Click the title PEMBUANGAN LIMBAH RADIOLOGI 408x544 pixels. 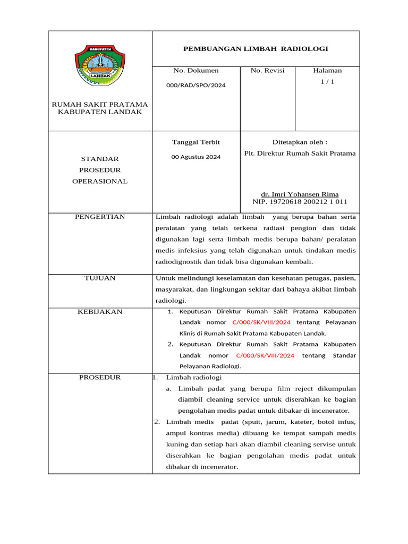(x=256, y=49)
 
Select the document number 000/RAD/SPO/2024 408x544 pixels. (x=196, y=86)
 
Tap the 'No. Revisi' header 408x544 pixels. (x=267, y=71)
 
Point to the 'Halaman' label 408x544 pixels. (x=327, y=71)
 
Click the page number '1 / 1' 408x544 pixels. (x=327, y=82)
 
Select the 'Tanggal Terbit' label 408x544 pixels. (x=196, y=142)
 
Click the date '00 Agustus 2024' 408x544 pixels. (x=196, y=157)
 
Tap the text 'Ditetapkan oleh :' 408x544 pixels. (x=300, y=142)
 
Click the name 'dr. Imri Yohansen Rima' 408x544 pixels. (x=300, y=194)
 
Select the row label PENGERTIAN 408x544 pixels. (x=100, y=217)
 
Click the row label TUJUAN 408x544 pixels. (x=100, y=278)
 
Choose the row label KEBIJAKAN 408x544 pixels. (x=100, y=312)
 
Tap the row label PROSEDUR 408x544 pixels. (x=100, y=378)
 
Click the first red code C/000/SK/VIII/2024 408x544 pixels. (x=261, y=322)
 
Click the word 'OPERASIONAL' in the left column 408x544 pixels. (x=100, y=181)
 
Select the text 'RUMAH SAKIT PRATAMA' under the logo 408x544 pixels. (x=100, y=105)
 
